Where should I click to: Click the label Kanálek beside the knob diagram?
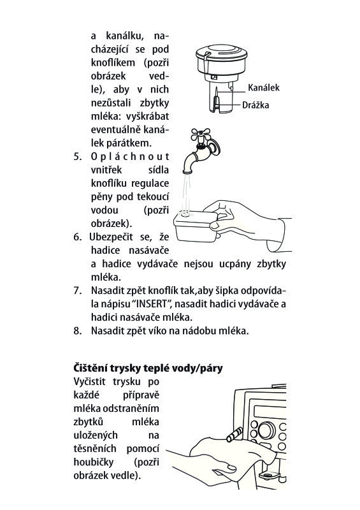point(263,87)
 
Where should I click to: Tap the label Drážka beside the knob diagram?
point(256,105)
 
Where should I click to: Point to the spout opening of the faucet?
point(187,171)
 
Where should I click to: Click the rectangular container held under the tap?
point(195,227)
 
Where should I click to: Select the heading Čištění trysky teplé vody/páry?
point(148,368)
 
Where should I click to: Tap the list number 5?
point(77,156)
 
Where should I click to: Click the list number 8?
point(77,331)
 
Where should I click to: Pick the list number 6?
point(77,237)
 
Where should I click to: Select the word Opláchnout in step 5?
point(130,156)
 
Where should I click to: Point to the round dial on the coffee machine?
point(266,430)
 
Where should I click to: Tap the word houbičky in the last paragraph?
point(94,462)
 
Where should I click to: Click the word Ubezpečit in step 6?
point(112,237)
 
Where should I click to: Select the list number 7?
point(77,291)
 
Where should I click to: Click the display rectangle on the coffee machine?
point(270,412)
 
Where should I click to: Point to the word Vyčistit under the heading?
point(89,381)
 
